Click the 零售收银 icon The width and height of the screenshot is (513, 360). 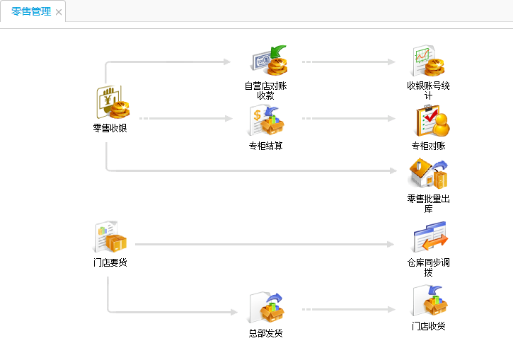click(x=110, y=103)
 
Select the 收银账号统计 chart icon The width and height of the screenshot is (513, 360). click(x=428, y=62)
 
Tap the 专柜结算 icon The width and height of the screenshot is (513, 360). click(x=266, y=122)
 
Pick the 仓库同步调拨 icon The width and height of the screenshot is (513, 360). click(x=430, y=238)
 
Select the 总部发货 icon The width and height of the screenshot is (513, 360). click(x=266, y=309)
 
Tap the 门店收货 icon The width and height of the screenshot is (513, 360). click(x=429, y=302)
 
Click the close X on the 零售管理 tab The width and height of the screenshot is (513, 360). click(x=59, y=12)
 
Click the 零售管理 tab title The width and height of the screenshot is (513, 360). click(x=30, y=11)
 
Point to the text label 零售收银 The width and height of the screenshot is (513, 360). click(x=110, y=129)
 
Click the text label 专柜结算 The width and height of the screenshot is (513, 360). click(x=265, y=146)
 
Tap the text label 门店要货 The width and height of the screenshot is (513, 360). click(x=110, y=263)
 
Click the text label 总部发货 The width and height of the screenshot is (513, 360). click(x=265, y=333)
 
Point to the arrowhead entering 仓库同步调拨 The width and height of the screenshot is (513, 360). click(x=391, y=245)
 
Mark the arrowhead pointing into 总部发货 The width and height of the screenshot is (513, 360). click(x=234, y=312)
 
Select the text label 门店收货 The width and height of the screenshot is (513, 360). click(x=429, y=326)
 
